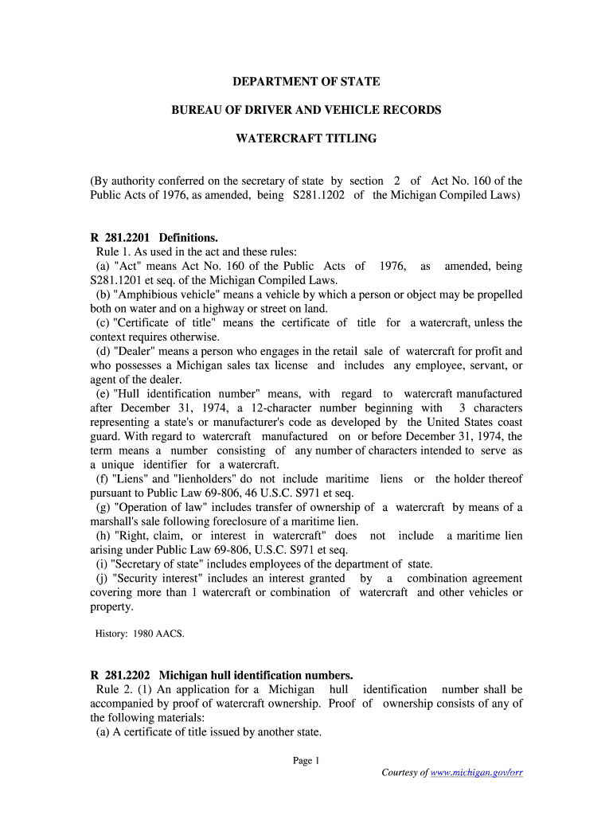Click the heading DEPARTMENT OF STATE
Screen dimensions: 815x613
306,82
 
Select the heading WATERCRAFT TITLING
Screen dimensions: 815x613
306,138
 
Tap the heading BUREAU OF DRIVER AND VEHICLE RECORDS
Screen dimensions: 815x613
306,110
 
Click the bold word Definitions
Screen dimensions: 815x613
188,237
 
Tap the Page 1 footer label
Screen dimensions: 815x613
306,760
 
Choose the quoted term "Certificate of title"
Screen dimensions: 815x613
165,323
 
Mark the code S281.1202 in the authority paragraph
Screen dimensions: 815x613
314,195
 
